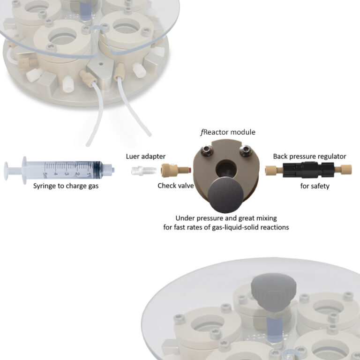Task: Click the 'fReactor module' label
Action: (x=228, y=133)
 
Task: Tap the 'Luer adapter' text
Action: (x=146, y=156)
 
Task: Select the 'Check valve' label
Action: (x=173, y=186)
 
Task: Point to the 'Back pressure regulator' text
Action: (x=309, y=156)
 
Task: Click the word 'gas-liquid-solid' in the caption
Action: (x=249, y=227)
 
